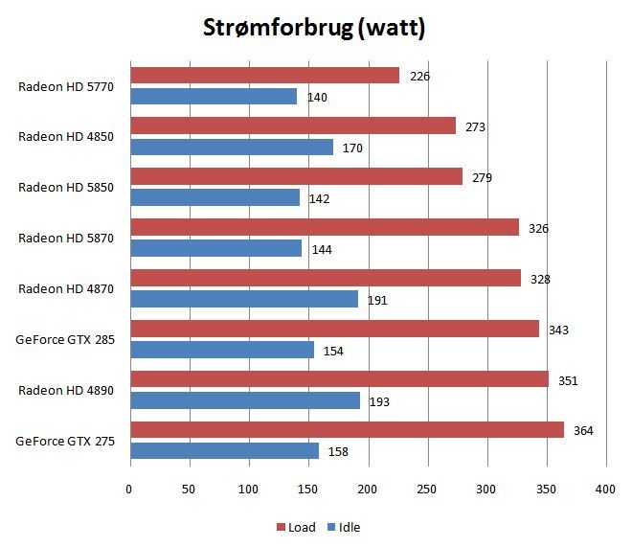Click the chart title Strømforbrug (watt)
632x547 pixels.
pyautogui.click(x=314, y=28)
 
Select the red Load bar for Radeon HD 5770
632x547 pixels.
pyautogui.click(x=264, y=76)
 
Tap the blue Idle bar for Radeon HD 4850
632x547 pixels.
pyautogui.click(x=232, y=148)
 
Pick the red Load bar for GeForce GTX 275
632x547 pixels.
pyautogui.click(x=347, y=430)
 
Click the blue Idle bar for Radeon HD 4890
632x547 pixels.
pyautogui.click(x=245, y=400)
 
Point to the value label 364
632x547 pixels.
pyautogui.click(x=583, y=431)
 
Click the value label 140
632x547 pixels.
pyautogui.click(x=317, y=97)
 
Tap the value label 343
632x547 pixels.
pyautogui.click(x=558, y=330)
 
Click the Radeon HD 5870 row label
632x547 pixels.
pyautogui.click(x=65, y=238)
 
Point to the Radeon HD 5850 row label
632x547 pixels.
pyautogui.click(x=65, y=187)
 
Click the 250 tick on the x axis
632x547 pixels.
pyautogui.click(x=428, y=490)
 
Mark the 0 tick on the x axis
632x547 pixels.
pyautogui.click(x=130, y=490)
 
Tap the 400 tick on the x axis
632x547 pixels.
pyautogui.click(x=605, y=490)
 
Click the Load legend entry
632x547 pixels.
pyautogui.click(x=297, y=527)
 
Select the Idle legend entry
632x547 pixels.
pyautogui.click(x=344, y=527)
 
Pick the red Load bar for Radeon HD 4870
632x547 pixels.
pyautogui.click(x=326, y=278)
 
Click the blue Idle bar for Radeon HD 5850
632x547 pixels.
pyautogui.click(x=214, y=198)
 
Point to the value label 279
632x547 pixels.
pyautogui.click(x=482, y=177)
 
